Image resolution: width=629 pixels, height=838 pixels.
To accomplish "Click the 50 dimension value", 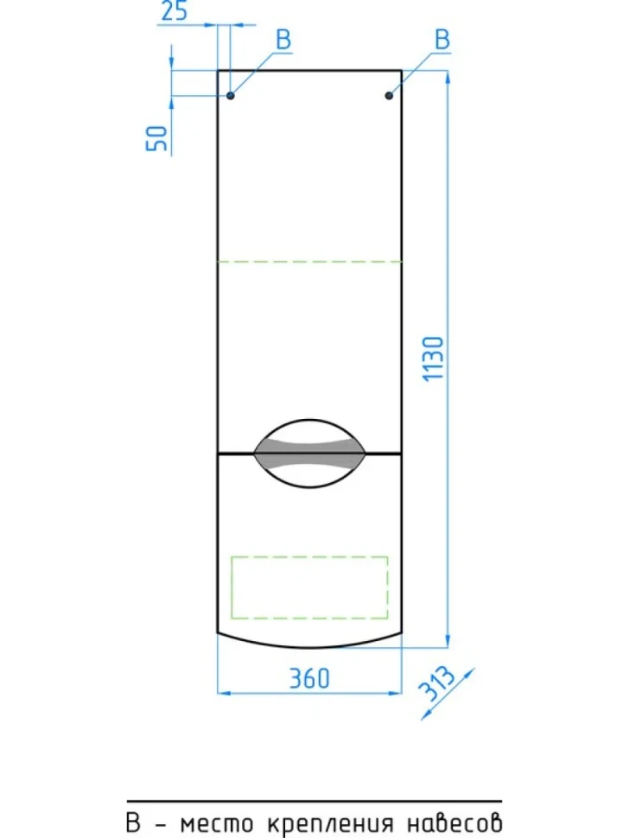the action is tap(156, 138).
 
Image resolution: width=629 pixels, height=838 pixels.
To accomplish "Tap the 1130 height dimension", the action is tap(434, 359).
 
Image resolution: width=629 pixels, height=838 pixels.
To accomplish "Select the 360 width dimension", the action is tap(309, 678).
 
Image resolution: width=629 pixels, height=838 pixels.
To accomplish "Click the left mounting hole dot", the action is tap(231, 96).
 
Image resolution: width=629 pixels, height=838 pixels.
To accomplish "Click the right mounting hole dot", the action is tap(389, 96).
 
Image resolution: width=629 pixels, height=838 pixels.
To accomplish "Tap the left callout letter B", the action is tap(283, 40).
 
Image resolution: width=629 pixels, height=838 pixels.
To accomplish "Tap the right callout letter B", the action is tap(442, 40).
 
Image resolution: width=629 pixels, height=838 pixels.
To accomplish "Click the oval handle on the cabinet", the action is tap(309, 454).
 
